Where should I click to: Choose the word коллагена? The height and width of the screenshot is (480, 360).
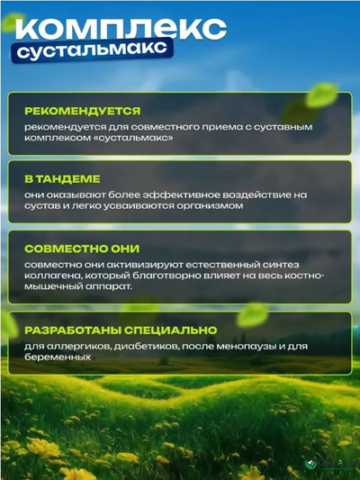point(55,276)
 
